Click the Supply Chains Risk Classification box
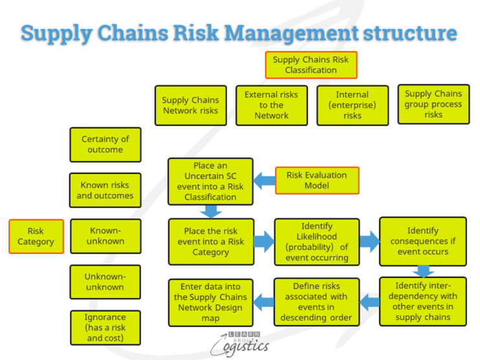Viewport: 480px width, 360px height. (x=311, y=65)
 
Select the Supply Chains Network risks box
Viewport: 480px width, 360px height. (x=190, y=105)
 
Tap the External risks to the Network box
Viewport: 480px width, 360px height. (x=271, y=105)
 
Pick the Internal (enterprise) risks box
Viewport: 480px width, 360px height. (x=353, y=105)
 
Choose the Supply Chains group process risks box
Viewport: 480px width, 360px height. (x=433, y=104)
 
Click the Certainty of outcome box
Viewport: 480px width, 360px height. (x=105, y=144)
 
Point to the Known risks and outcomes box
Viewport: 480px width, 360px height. (x=105, y=190)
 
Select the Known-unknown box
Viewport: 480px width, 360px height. (x=105, y=236)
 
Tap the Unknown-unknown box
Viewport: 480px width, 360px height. (x=105, y=282)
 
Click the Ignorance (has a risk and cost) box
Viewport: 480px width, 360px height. (x=105, y=328)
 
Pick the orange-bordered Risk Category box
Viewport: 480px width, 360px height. (x=36, y=237)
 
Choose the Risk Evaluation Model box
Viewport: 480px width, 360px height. (x=316, y=180)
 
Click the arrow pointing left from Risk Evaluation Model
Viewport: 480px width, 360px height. (x=264, y=180)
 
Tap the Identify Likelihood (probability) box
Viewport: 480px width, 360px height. (x=316, y=242)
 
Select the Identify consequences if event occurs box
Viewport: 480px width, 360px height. (x=422, y=241)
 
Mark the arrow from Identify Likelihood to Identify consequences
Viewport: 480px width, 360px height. (x=369, y=242)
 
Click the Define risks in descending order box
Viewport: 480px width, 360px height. (x=316, y=301)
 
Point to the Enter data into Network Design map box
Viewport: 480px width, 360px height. (x=210, y=302)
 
